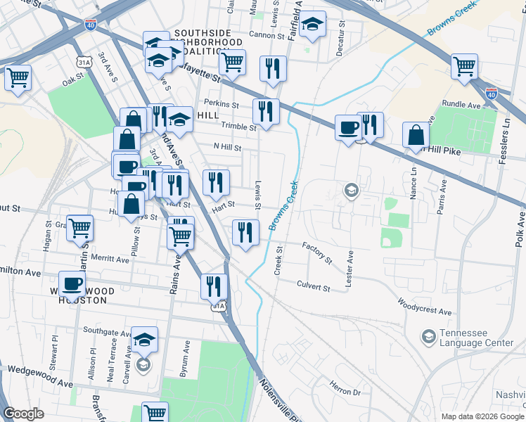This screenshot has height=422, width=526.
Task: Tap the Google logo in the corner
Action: point(23,414)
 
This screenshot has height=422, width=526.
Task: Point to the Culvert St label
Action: point(313,288)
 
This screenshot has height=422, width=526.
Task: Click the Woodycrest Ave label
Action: point(424,307)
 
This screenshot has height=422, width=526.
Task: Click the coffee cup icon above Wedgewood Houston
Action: point(72,283)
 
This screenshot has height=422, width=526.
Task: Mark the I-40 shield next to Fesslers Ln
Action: point(492,93)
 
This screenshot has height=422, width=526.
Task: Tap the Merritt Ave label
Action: point(109,259)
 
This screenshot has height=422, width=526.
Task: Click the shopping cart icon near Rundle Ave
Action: point(465,67)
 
